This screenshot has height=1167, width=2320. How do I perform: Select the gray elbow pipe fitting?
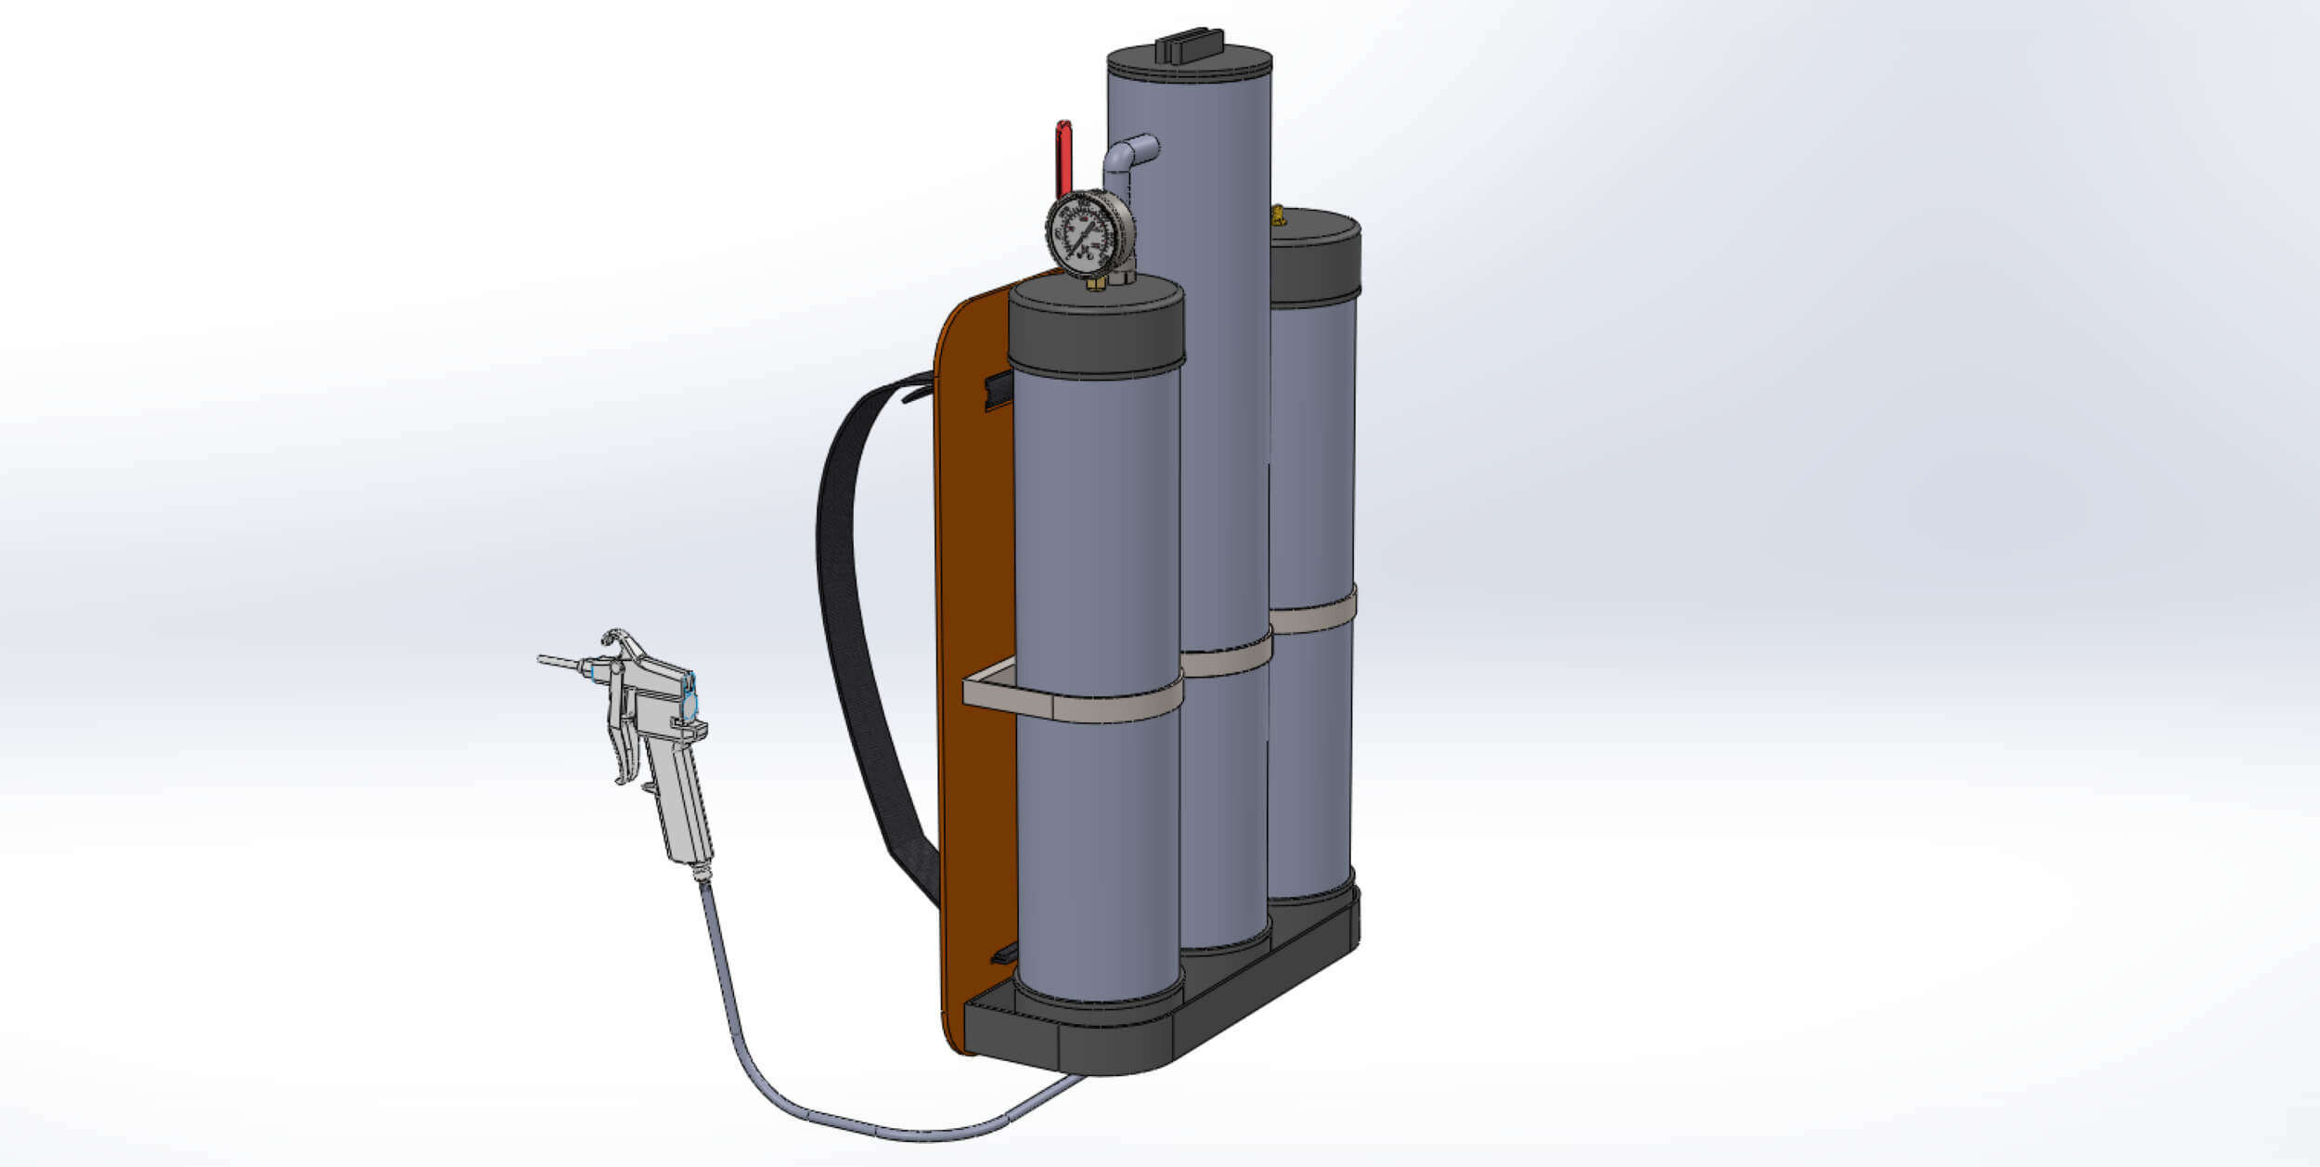coord(1125,158)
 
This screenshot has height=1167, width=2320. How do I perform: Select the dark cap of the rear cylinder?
coord(1316,259)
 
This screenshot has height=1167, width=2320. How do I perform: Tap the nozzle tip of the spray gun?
coord(543,659)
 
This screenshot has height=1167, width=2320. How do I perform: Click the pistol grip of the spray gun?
coord(687,808)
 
